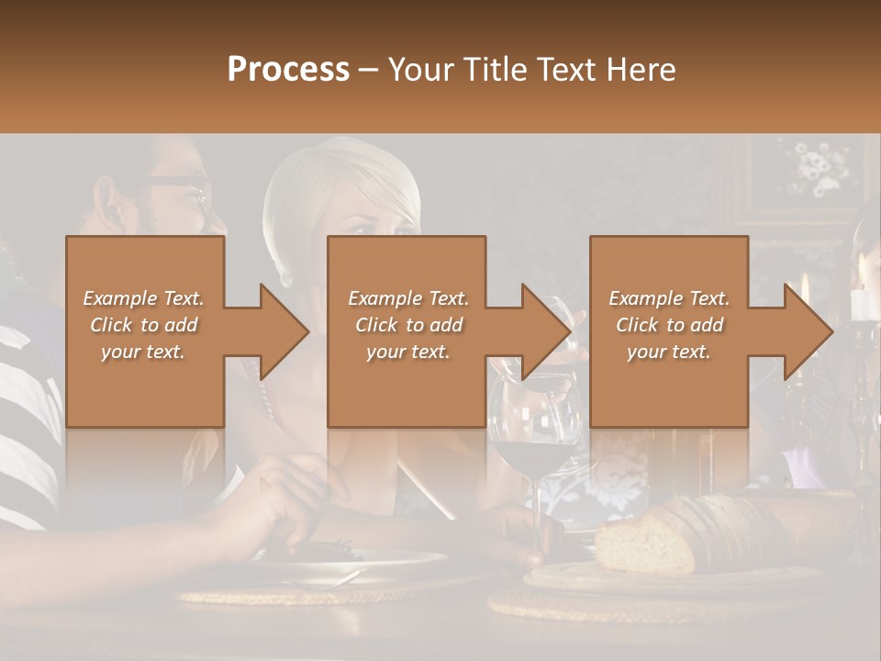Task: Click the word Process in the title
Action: click(x=288, y=69)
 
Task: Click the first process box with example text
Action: click(x=144, y=331)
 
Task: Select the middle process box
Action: click(x=407, y=331)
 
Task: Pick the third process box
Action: click(x=668, y=331)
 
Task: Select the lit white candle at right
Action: click(x=860, y=294)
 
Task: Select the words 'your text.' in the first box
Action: click(x=143, y=351)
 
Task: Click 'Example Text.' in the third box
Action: click(x=669, y=298)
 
